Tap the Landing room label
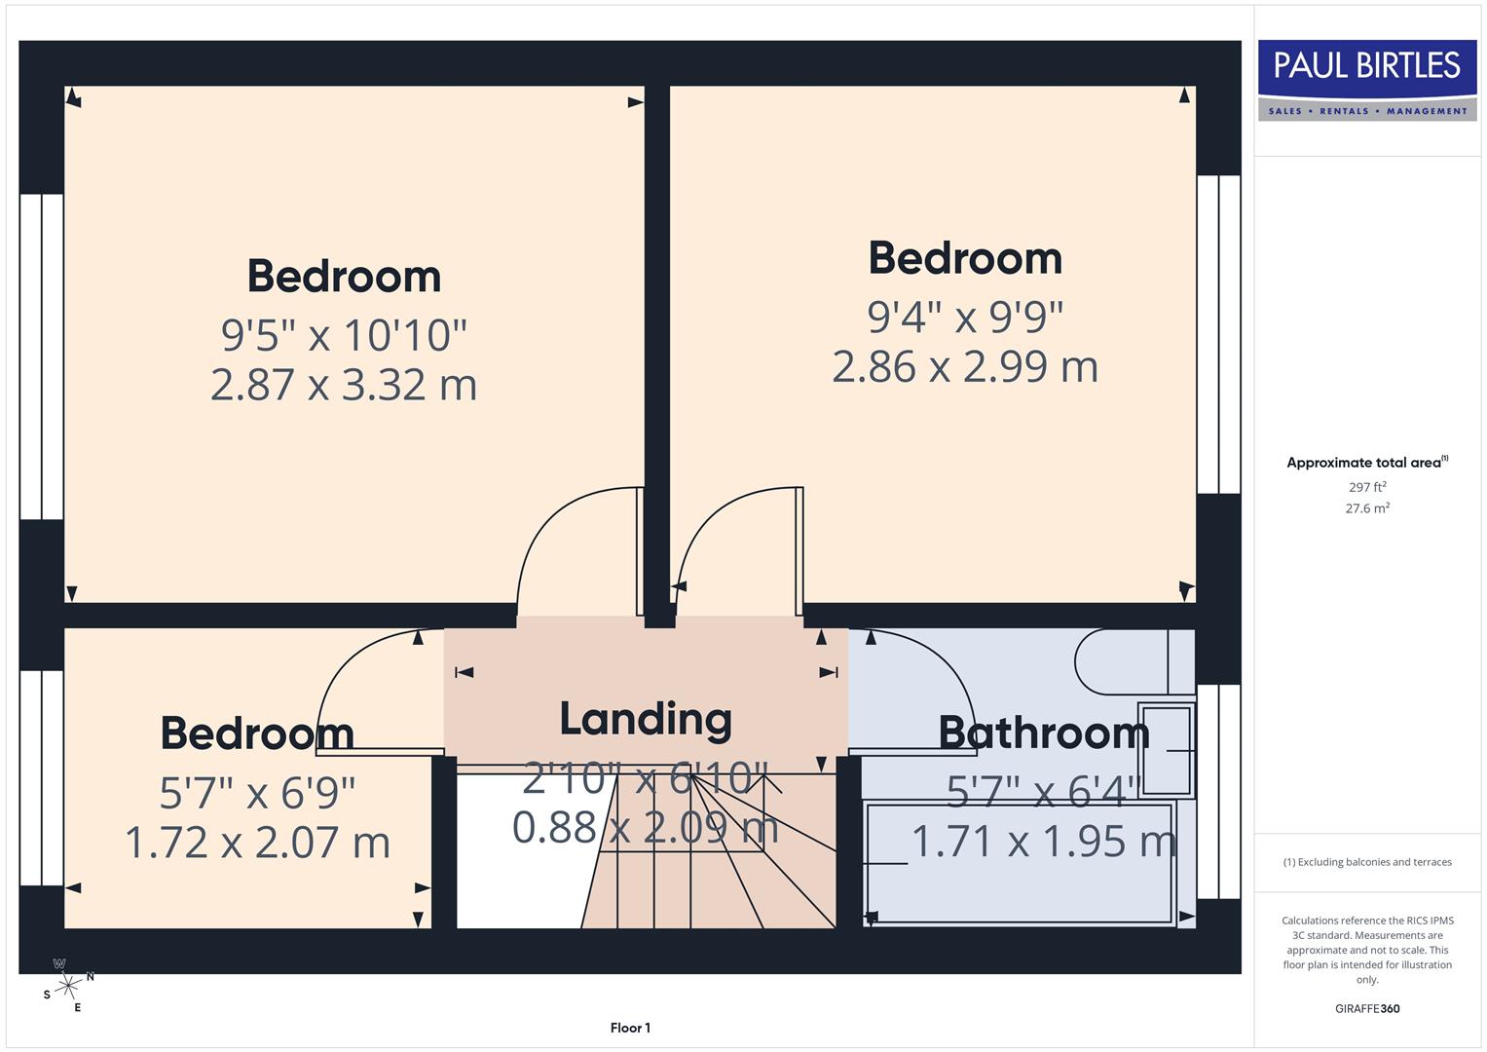pos(646,719)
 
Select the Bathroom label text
pos(1043,733)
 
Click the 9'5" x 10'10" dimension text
pos(344,335)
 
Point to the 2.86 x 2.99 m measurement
pos(965,367)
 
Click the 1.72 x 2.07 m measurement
pos(257,843)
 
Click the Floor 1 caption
pos(630,1028)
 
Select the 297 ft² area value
pos(1367,487)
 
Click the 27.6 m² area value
pos(1367,508)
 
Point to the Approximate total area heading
pos(1366,463)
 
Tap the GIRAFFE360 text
pos(1367,1009)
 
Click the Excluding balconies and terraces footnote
pos(1367,862)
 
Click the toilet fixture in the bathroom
pos(1130,661)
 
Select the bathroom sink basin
pos(1166,748)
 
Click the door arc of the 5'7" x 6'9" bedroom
pos(351,662)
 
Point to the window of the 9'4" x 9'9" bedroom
pos(1218,334)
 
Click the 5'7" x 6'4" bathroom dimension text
pos(1043,792)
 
